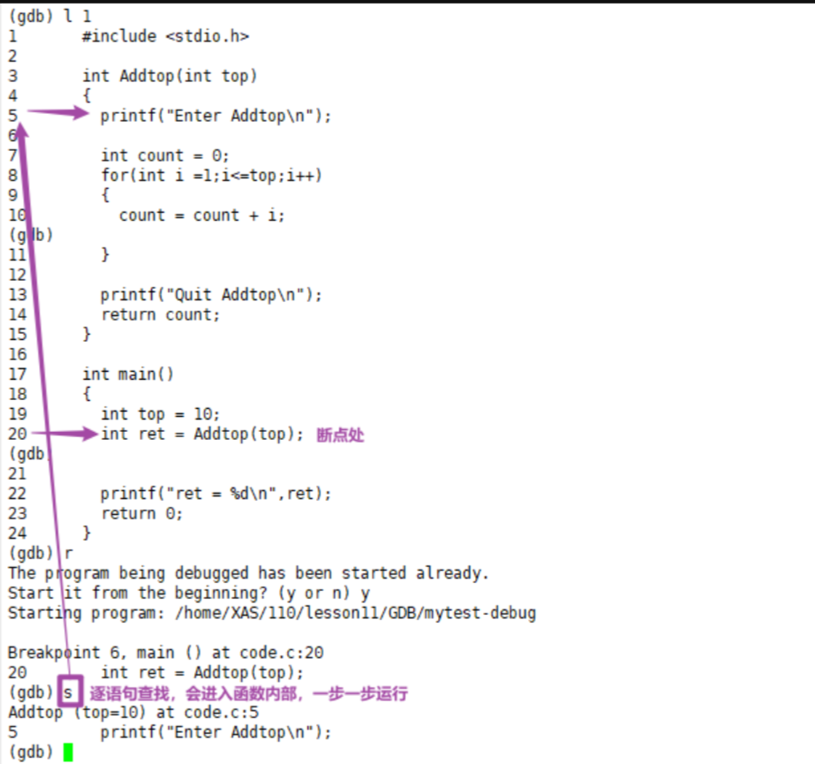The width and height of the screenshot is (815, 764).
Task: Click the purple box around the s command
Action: (x=69, y=692)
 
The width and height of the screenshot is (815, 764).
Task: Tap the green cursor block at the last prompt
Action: (x=68, y=753)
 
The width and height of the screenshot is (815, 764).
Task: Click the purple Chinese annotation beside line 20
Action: (x=340, y=435)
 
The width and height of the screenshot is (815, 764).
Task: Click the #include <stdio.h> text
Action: (x=165, y=36)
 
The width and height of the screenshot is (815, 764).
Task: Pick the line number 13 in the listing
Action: (x=18, y=294)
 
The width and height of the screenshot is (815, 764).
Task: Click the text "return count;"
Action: (x=160, y=314)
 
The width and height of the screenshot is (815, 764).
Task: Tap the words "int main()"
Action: (x=128, y=374)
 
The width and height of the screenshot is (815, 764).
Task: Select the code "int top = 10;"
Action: (x=160, y=413)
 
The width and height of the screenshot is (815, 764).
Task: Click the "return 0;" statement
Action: (x=141, y=513)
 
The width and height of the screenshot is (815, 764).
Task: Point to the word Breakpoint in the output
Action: (x=49, y=653)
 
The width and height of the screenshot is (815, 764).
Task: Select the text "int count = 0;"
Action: (x=164, y=155)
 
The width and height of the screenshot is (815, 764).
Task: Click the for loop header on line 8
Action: (x=211, y=175)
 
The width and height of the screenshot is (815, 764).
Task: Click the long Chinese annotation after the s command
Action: (x=248, y=694)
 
